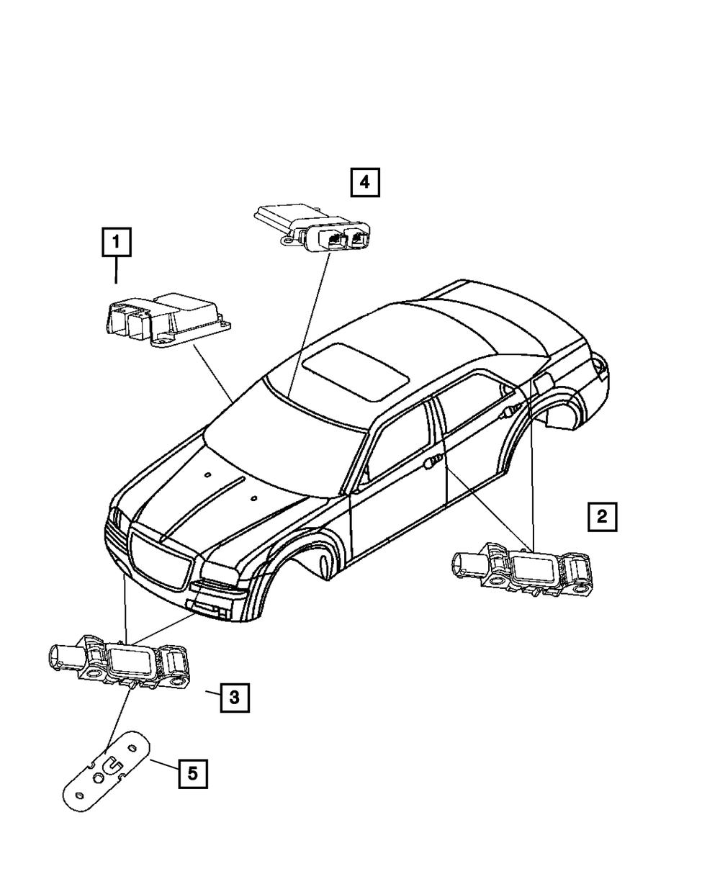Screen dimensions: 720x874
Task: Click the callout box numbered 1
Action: [117, 243]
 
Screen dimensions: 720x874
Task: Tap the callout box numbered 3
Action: [233, 697]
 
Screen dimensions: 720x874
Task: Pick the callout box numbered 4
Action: [364, 182]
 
